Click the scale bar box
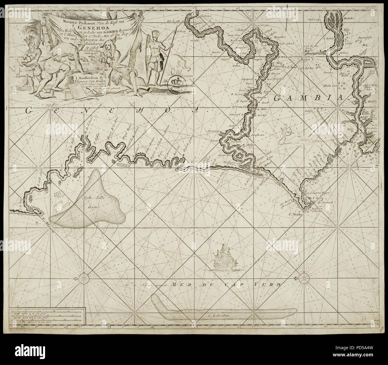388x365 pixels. tap(47, 317)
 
